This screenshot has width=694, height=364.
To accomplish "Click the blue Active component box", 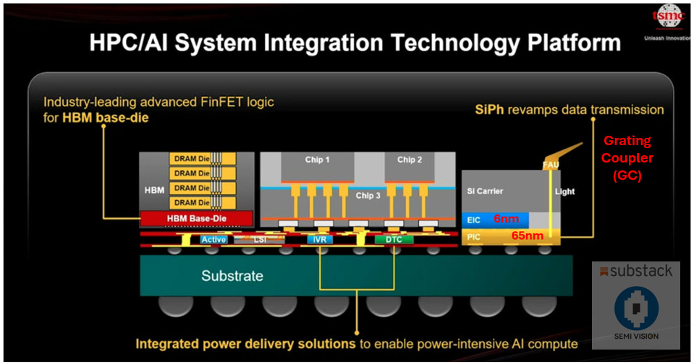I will pos(214,239).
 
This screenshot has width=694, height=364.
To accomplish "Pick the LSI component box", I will pos(258,239).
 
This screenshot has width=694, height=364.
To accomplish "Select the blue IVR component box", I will pos(319,239).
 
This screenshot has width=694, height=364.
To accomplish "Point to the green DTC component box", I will pos(393,239).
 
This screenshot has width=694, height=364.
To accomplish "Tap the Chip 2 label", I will pos(410,160).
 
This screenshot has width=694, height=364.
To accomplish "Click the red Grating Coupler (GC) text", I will pos(628,157).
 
